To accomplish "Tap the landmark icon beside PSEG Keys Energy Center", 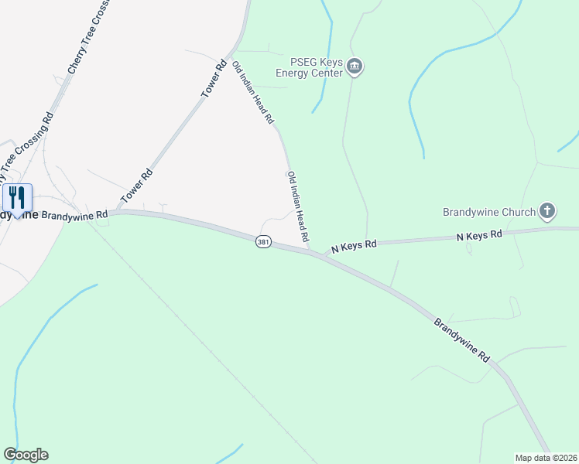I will point(355,67).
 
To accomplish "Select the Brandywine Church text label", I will point(489,212).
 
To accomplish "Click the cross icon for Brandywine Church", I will point(547,211).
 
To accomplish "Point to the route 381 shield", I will point(264,242).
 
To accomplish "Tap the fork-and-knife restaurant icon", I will point(17,196).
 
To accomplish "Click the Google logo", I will point(26,455).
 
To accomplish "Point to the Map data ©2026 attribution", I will point(546,457).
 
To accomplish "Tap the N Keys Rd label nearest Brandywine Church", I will point(479,234).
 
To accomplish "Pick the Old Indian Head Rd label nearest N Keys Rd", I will point(298,206).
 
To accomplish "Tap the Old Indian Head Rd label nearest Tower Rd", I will point(253,92).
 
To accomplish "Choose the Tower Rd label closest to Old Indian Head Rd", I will point(213,78).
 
